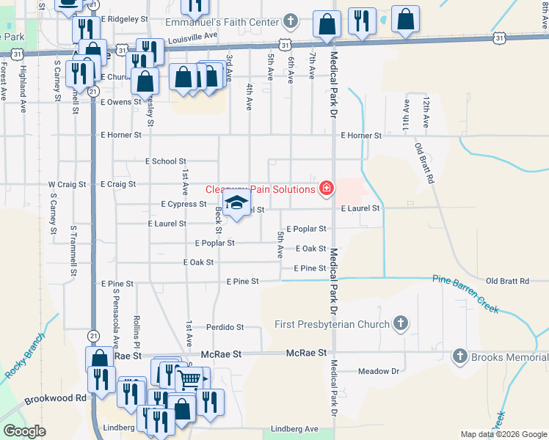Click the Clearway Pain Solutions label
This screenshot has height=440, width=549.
(x=260, y=189)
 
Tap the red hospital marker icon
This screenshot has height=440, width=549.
(x=327, y=189)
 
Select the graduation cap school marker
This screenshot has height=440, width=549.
(x=236, y=203)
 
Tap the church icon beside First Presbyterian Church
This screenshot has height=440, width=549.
(x=401, y=323)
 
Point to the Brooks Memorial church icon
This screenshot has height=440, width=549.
(x=460, y=357)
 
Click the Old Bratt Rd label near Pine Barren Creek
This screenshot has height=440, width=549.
(x=507, y=281)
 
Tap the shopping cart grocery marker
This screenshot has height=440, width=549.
(x=190, y=379)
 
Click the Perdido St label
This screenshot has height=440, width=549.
(x=225, y=327)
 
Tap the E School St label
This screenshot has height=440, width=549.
(x=166, y=161)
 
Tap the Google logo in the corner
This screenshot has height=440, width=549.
(x=24, y=431)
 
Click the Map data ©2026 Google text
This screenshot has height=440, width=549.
(x=503, y=434)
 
